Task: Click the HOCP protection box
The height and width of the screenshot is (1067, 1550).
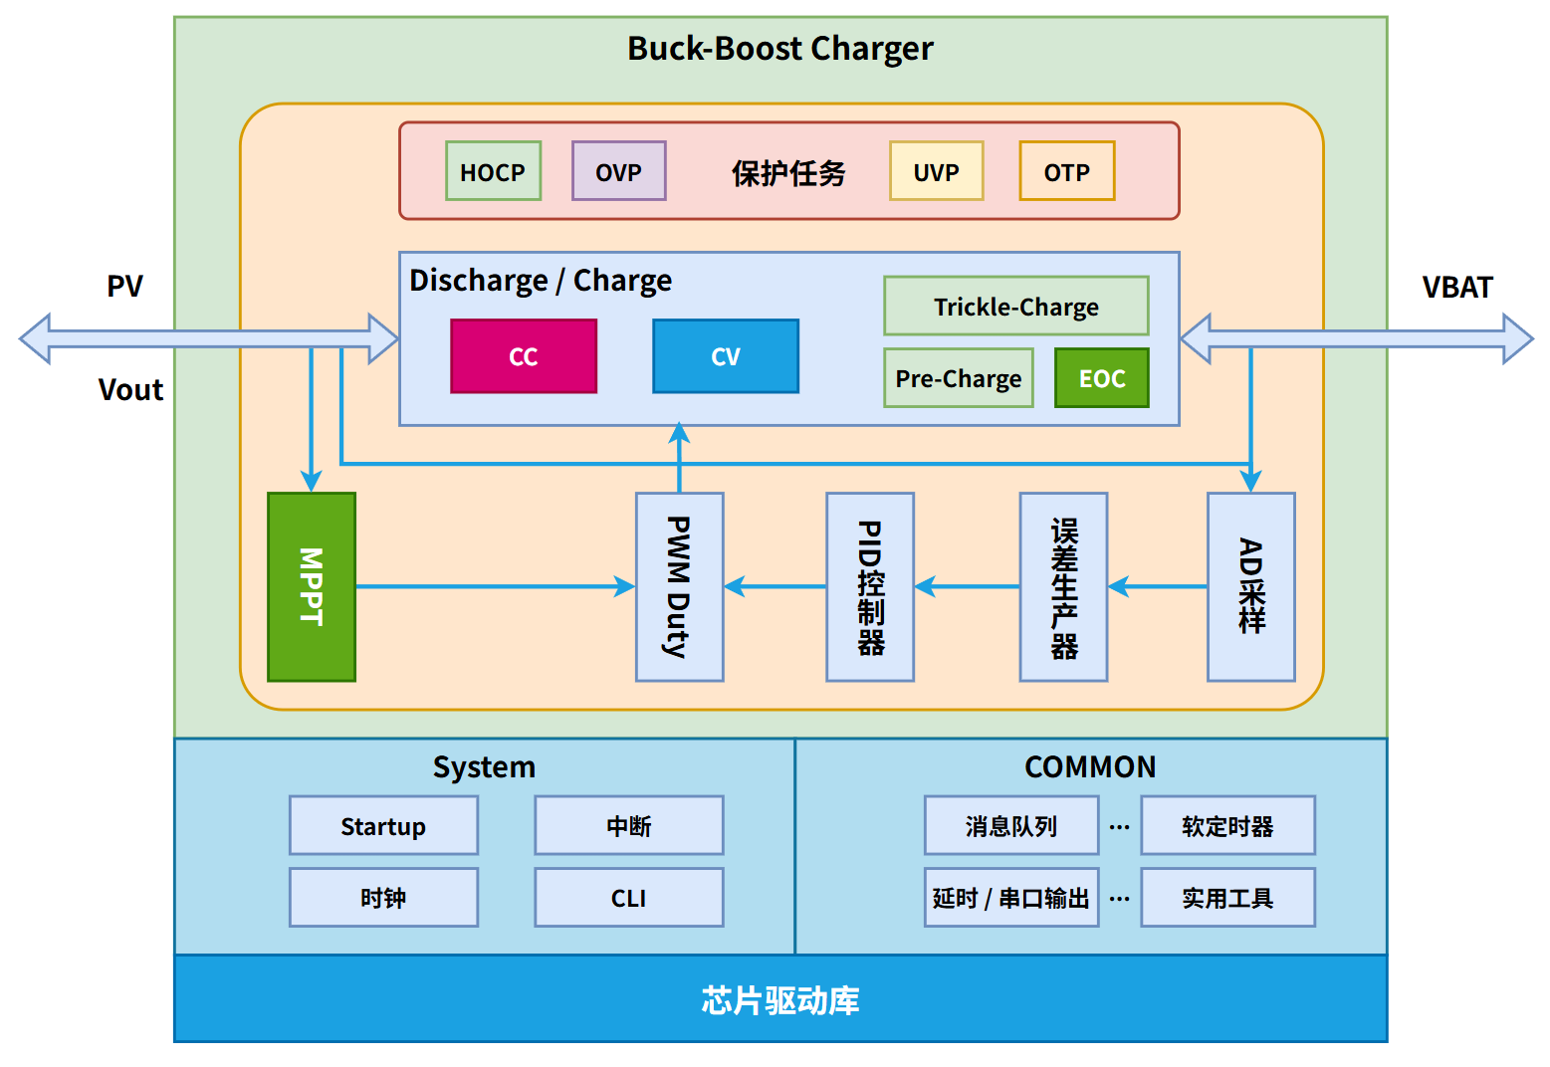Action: tap(493, 171)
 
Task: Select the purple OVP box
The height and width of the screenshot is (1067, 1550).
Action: tap(618, 171)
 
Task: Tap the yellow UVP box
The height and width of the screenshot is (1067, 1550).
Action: tap(936, 171)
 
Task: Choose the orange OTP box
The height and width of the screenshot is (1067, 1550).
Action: tap(1066, 171)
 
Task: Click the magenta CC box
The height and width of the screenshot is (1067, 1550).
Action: tap(524, 356)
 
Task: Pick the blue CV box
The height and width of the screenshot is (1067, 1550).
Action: tap(726, 356)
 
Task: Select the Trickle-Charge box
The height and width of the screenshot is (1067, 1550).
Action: tap(1015, 307)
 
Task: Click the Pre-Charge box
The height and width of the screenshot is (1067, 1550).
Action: tap(958, 378)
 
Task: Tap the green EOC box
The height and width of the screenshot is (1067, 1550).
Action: tap(1101, 378)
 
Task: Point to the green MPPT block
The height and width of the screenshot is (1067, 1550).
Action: tap(312, 586)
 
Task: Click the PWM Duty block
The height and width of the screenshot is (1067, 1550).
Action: tap(679, 586)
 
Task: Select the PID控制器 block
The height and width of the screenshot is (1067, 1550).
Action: tap(869, 586)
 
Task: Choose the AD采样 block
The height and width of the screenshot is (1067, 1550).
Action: tap(1250, 586)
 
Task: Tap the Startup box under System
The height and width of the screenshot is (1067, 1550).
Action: tap(383, 826)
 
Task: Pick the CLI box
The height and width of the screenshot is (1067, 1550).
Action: tap(628, 898)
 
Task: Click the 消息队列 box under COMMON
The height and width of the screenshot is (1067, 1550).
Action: tap(1010, 826)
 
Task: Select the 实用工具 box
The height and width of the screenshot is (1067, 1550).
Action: tap(1226, 898)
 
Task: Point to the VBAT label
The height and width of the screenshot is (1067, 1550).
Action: tap(1456, 288)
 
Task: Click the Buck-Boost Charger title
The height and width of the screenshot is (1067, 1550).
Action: tap(779, 49)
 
